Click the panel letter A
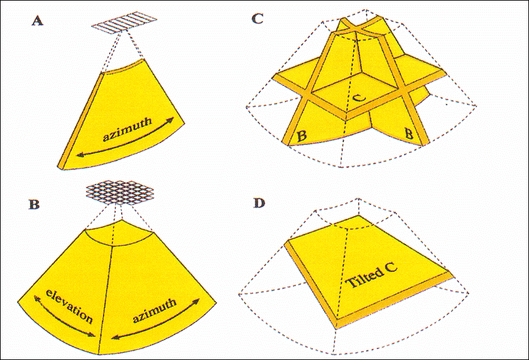[37, 21]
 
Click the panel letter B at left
[34, 204]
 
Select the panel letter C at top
[257, 18]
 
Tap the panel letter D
[259, 204]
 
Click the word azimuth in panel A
[127, 130]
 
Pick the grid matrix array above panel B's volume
[120, 192]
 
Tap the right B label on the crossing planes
[409, 134]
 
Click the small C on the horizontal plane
[360, 97]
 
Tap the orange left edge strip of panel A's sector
[81, 120]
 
